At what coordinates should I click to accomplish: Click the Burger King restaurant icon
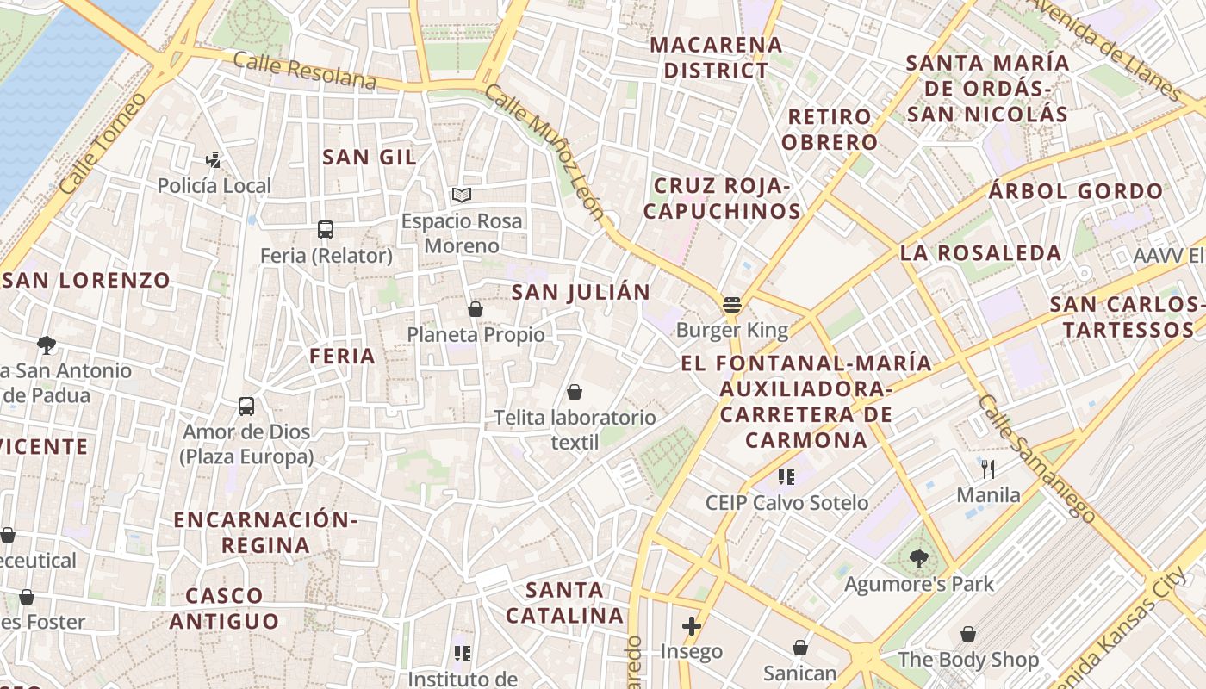pos(732,304)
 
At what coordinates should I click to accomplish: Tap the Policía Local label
pos(214,185)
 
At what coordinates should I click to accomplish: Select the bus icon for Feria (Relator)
pos(326,230)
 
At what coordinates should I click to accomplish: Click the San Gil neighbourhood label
pos(369,157)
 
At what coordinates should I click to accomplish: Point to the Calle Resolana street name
pos(304,71)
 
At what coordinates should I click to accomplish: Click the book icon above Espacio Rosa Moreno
pos(462,196)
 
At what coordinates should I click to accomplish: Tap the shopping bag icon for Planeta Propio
pos(476,309)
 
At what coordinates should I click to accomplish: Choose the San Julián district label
pos(581,292)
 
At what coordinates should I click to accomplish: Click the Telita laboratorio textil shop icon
pos(575,393)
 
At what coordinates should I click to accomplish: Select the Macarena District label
pos(716,57)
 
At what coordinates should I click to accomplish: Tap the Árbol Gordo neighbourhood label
pos(1076,191)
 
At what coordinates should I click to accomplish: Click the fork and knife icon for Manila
pos(988,469)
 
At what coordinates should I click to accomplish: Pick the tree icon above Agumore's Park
pos(918,558)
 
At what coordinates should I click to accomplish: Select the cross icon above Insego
pos(691,626)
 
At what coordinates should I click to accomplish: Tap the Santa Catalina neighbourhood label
pos(564,603)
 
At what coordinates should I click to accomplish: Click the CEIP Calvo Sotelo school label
pos(786,502)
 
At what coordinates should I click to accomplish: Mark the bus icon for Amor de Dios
pos(246,406)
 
